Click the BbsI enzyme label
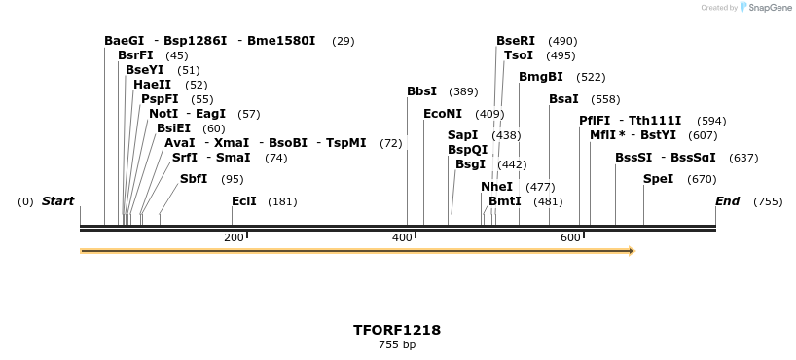pyautogui.click(x=421, y=91)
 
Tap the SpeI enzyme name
pyautogui.click(x=658, y=179)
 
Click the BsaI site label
pyautogui.click(x=563, y=99)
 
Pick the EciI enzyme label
pyautogui.click(x=243, y=201)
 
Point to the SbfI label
pyautogui.click(x=193, y=179)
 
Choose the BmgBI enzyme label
pyautogui.click(x=540, y=77)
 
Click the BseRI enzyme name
pyautogui.click(x=516, y=41)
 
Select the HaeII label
pyautogui.click(x=152, y=85)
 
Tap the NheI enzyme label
pyautogui.click(x=496, y=187)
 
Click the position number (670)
pyautogui.click(x=702, y=179)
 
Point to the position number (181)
pyautogui.click(x=282, y=201)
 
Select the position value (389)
pyautogui.click(x=463, y=91)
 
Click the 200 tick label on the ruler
pyautogui.click(x=234, y=238)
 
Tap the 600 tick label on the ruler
pyautogui.click(x=570, y=238)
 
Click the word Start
pyautogui.click(x=57, y=201)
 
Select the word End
pyautogui.click(x=727, y=201)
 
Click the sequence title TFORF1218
pyautogui.click(x=397, y=330)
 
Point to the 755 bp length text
pyautogui.click(x=397, y=344)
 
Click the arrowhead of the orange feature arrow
pyautogui.click(x=632, y=251)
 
